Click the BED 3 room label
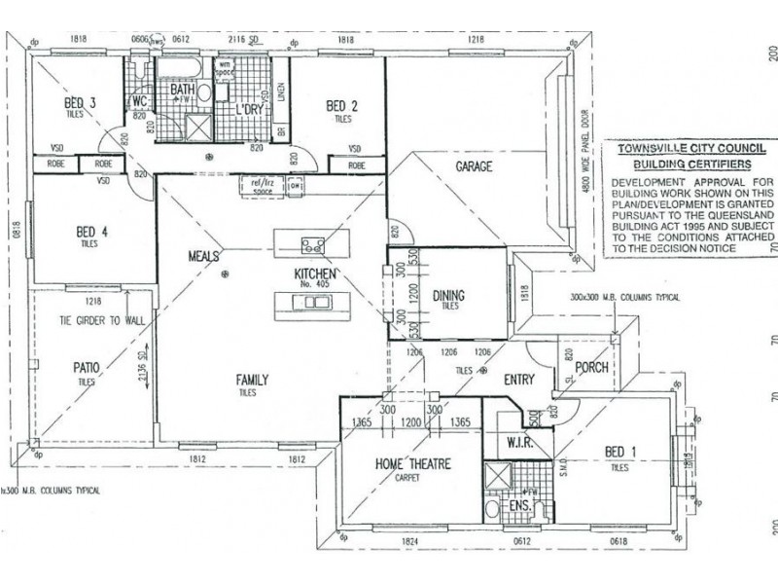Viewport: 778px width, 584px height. click(80, 104)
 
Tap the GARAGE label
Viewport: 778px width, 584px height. click(474, 166)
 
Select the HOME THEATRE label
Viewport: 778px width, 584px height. click(412, 464)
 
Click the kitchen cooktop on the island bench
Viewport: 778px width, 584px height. click(313, 244)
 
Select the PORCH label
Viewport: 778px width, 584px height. click(591, 368)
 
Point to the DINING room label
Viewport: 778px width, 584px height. click(448, 295)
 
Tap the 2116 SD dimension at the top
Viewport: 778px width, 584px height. click(241, 39)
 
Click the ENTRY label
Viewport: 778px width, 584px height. click(520, 380)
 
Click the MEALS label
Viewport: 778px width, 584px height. click(205, 256)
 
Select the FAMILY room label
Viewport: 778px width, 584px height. click(251, 380)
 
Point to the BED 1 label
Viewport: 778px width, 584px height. click(621, 452)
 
